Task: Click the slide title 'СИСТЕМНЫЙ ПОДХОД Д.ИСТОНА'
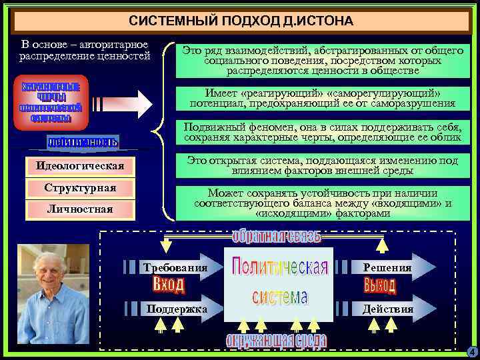coord(241,21)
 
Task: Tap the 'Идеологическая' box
coord(80,165)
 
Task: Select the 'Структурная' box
coord(80,188)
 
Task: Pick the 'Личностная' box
coord(80,209)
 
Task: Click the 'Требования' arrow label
coord(175,267)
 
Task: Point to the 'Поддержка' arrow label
coord(176,309)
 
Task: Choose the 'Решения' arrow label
coord(387,267)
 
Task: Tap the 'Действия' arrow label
coord(387,309)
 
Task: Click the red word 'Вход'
coord(169,286)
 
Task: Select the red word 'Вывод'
coord(380,286)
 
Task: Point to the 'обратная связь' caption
coord(277,237)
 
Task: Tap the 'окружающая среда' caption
coord(276,341)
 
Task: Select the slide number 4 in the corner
coord(471,351)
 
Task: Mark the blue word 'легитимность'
coord(83,141)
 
